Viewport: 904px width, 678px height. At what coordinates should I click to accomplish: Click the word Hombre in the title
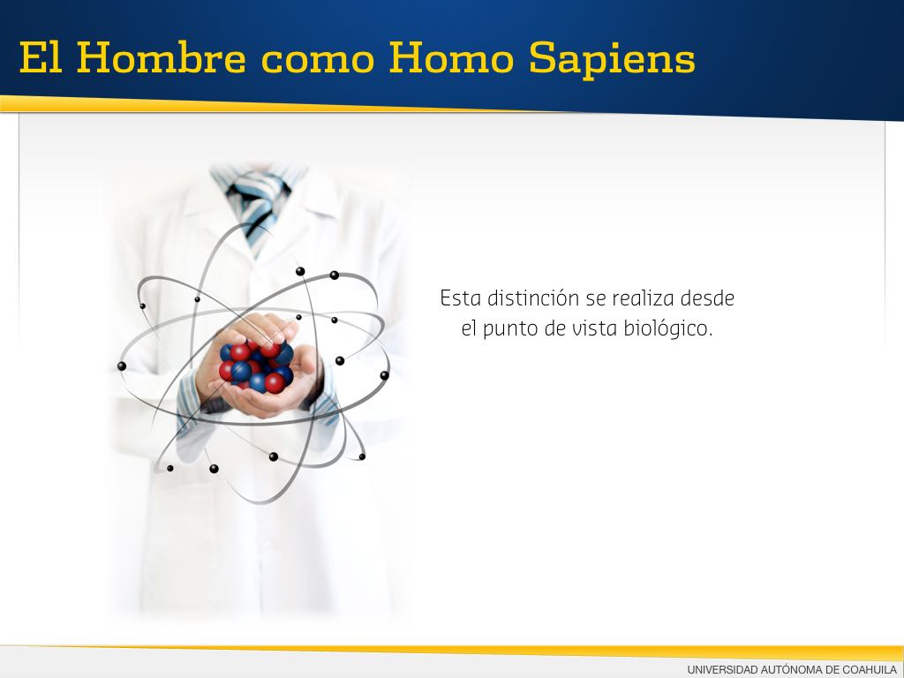pyautogui.click(x=161, y=57)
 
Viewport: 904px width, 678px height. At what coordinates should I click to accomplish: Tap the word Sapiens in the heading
pyautogui.click(x=613, y=60)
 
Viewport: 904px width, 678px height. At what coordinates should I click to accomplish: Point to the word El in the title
pyautogui.click(x=41, y=57)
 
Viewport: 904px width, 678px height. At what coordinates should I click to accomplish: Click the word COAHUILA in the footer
pyautogui.click(x=870, y=669)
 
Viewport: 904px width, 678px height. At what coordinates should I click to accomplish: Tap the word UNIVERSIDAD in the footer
pyautogui.click(x=722, y=669)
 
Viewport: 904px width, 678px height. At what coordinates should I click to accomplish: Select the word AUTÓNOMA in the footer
pyautogui.click(x=792, y=669)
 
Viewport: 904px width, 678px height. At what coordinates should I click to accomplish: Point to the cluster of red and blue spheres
pyautogui.click(x=257, y=366)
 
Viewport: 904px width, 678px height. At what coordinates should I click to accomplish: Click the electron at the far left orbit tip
pyautogui.click(x=122, y=366)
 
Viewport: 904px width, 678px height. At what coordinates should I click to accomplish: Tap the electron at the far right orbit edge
pyautogui.click(x=385, y=375)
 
